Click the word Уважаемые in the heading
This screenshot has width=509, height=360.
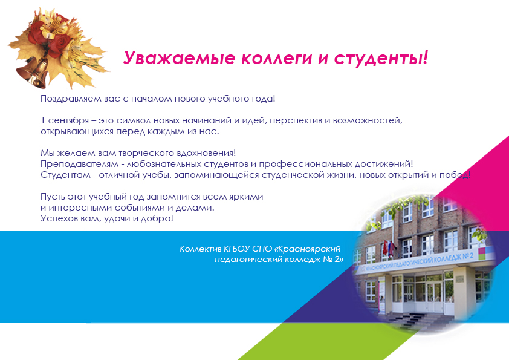(x=179, y=58)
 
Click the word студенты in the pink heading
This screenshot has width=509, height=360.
(x=381, y=59)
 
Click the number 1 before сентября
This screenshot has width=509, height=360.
(x=42, y=120)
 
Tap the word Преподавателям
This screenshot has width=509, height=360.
(x=79, y=165)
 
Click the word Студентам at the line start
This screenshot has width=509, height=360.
(x=65, y=175)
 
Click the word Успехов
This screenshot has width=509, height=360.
(x=59, y=218)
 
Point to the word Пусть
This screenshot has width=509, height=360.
(x=52, y=197)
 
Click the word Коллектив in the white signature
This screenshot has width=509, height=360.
(x=200, y=249)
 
